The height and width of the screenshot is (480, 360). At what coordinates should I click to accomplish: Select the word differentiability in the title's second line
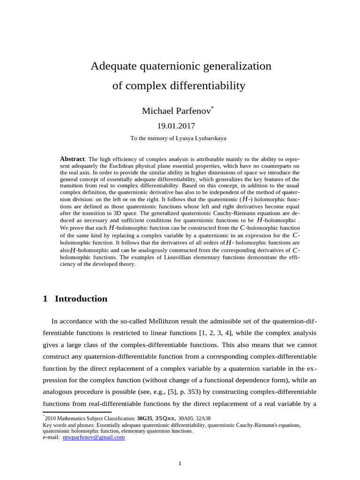pyautogui.click(x=206, y=86)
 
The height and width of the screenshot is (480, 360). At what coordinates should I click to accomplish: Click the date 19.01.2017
pyautogui.click(x=180, y=126)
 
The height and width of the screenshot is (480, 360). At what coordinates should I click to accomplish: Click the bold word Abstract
pyautogui.click(x=72, y=159)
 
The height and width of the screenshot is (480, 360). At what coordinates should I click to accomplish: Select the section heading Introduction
pyautogui.click(x=81, y=299)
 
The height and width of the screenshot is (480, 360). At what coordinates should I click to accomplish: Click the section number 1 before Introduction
pyautogui.click(x=45, y=299)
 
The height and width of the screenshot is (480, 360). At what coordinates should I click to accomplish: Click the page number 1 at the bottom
pyautogui.click(x=180, y=464)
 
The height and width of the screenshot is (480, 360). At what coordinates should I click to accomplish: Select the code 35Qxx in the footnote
pyautogui.click(x=165, y=418)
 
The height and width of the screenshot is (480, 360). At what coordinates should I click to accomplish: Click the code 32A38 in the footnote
pyautogui.click(x=202, y=418)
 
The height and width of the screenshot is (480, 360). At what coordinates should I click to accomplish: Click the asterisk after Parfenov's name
pyautogui.click(x=212, y=108)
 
